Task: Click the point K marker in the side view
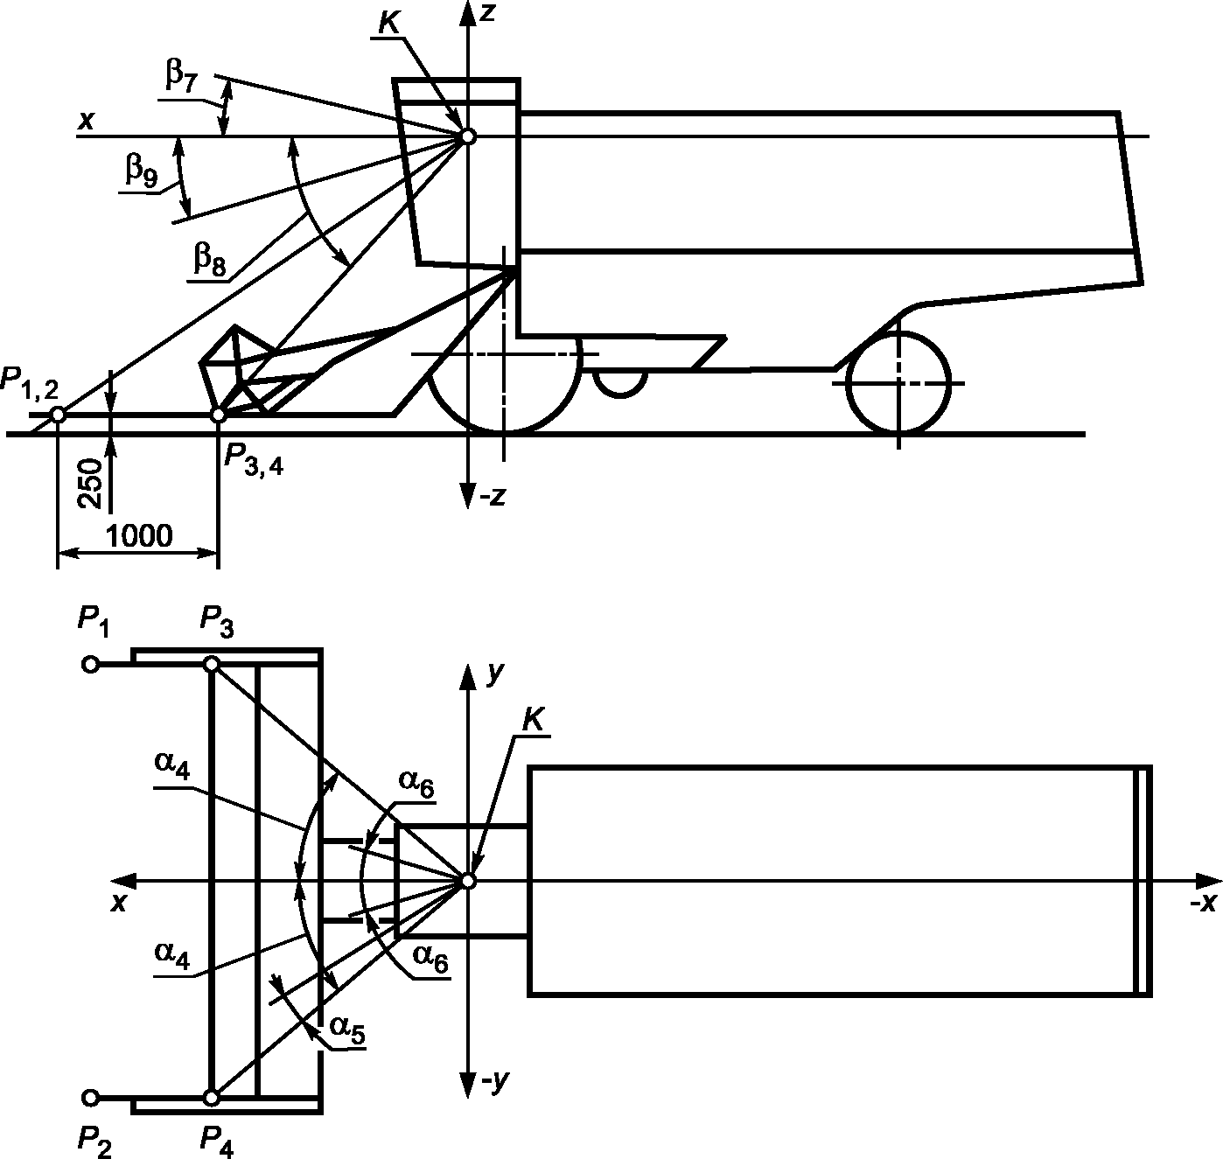(x=468, y=136)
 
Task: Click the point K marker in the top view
(x=468, y=881)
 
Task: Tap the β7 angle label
(x=180, y=77)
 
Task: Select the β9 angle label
(x=141, y=168)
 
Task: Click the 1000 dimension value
(x=139, y=535)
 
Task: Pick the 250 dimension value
(x=91, y=484)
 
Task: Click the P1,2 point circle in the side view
(x=57, y=415)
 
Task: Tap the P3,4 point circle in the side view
(x=219, y=415)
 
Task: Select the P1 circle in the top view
(x=91, y=665)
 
